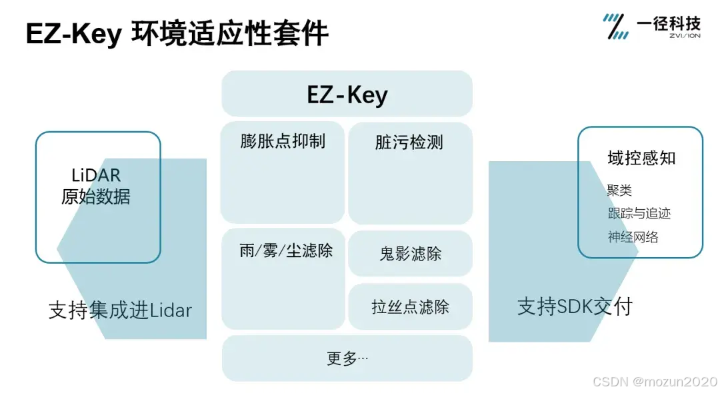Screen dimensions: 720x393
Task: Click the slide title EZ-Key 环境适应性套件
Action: (177, 33)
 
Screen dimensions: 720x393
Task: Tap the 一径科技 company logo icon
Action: (615, 26)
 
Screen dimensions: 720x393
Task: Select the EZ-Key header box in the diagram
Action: (347, 95)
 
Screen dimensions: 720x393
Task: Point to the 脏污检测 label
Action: (409, 142)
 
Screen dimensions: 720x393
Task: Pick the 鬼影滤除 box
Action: (410, 254)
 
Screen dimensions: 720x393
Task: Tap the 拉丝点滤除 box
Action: (410, 307)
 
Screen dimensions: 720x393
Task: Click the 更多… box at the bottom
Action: (347, 358)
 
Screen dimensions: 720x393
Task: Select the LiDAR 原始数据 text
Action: (96, 186)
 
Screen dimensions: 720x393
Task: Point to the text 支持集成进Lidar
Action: (120, 310)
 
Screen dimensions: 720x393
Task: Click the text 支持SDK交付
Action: (575, 306)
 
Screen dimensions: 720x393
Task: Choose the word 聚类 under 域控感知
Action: (619, 191)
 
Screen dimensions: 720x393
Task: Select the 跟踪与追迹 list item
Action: (639, 214)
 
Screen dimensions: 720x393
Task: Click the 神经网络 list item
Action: (633, 237)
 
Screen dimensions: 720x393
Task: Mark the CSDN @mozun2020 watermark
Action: (654, 382)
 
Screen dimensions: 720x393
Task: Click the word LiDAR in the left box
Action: (96, 176)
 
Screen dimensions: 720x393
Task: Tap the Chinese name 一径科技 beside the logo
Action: (669, 23)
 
